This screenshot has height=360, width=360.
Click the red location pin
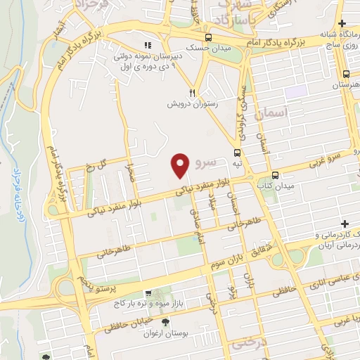point(181,165)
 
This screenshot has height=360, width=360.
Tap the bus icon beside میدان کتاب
point(274,176)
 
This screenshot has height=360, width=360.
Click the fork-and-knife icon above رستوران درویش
point(191,92)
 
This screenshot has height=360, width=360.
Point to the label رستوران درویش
point(191,103)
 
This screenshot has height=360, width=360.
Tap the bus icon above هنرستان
point(345,73)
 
